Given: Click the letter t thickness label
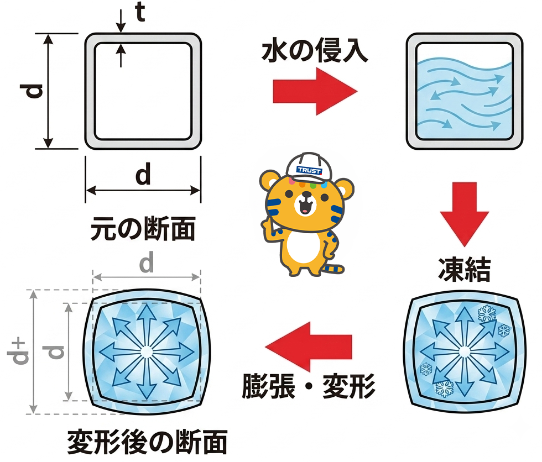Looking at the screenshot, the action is coord(140,13).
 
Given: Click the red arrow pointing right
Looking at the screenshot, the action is coord(315,92).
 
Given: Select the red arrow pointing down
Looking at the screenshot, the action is coord(464,214).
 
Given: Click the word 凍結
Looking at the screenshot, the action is coord(464,269).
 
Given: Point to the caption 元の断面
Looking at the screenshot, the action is coord(143,229).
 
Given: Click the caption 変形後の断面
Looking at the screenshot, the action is coord(147,442).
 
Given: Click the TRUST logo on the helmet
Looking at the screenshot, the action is coord(309,170).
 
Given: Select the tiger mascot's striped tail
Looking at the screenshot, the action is coord(334,269).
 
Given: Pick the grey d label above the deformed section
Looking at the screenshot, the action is coord(146,262).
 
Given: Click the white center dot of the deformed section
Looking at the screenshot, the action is coord(147,352).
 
